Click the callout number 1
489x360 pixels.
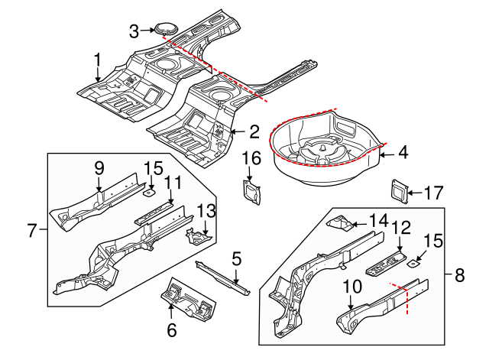pos(97,59)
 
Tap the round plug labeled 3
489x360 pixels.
pos(165,29)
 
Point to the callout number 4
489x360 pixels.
pos(403,153)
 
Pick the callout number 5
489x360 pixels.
pos(237,259)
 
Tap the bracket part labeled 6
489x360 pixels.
pos(186,299)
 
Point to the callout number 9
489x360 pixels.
pos(99,167)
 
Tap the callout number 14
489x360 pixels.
pos(377,221)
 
